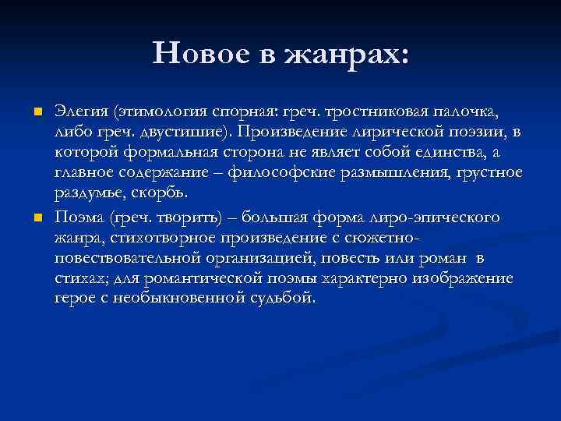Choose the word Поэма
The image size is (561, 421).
81,215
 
